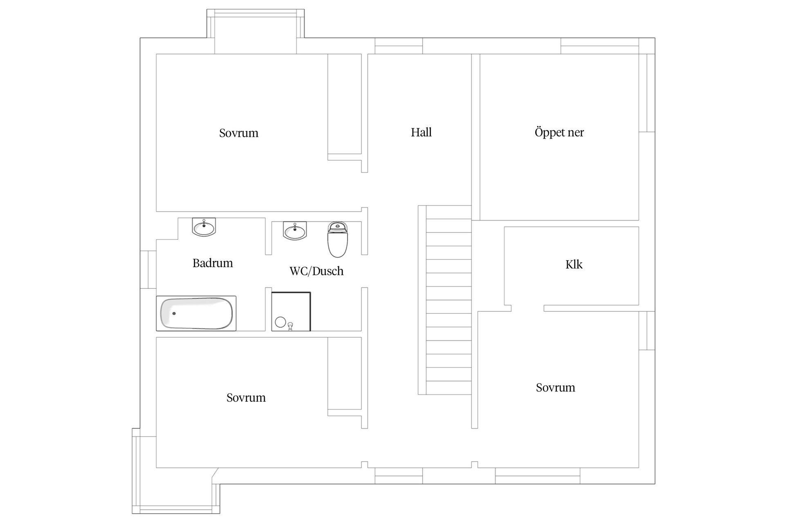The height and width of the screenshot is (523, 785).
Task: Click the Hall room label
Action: click(421, 132)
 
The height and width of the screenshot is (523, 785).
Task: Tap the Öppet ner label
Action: click(559, 132)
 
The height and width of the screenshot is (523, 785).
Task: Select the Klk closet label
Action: click(574, 264)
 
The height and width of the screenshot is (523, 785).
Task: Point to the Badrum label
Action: click(213, 263)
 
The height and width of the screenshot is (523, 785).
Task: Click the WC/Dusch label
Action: click(316, 271)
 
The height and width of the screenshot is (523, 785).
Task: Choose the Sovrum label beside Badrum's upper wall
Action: click(239, 133)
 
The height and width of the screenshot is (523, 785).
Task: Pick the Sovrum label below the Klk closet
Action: click(555, 387)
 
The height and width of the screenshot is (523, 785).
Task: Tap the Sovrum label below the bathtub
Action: click(246, 398)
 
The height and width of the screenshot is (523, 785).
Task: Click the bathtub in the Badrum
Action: click(196, 313)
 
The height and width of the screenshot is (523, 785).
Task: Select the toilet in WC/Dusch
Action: click(337, 239)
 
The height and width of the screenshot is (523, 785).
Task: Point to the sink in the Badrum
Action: click(204, 227)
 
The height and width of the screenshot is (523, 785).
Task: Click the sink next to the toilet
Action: click(294, 231)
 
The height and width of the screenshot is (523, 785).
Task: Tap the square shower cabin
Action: click(291, 311)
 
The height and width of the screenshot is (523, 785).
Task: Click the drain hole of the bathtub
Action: click(174, 313)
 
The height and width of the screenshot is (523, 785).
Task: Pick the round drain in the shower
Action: click(280, 322)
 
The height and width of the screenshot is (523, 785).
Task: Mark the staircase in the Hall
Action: click(445, 300)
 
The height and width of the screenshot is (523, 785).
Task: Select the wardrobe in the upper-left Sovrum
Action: click(344, 107)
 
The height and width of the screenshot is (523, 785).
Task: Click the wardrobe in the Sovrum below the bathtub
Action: click(344, 377)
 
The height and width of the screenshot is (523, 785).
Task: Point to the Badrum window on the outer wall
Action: click(148, 270)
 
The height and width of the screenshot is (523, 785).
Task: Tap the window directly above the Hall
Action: click(399, 46)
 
